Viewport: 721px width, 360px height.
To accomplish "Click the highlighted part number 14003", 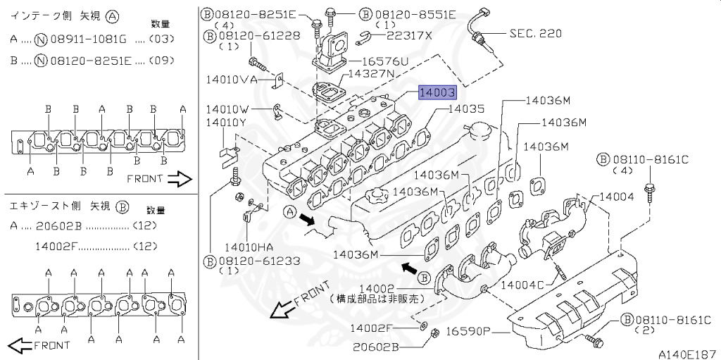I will [x=437, y=92].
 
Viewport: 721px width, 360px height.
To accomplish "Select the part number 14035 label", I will [x=466, y=109].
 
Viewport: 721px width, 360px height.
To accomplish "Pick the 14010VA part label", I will [x=232, y=80].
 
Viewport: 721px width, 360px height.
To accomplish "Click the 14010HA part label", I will [x=249, y=247].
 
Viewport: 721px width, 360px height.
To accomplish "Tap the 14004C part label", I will [x=522, y=285].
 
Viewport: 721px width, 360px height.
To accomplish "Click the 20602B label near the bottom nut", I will [x=376, y=347].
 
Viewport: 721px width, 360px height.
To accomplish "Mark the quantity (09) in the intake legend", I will [x=161, y=61].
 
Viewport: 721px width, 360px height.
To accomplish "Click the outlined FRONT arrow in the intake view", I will [x=180, y=180].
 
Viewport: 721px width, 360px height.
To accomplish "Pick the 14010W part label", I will [x=227, y=109].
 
